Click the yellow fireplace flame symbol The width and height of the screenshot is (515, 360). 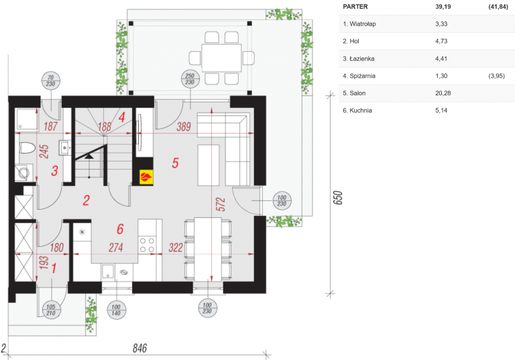(x=146, y=177)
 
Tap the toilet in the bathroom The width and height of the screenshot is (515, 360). (x=27, y=147)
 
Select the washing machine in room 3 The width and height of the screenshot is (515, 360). (x=24, y=173)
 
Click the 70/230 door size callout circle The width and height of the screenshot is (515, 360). (x=50, y=81)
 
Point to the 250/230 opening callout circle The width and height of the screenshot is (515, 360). (x=190, y=79)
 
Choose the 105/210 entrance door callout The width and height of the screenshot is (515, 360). (x=51, y=310)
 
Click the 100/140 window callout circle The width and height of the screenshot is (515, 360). (x=116, y=310)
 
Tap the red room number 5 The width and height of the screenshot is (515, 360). (x=176, y=163)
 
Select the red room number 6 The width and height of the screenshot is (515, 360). (x=120, y=229)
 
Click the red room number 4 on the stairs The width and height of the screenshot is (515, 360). (x=122, y=117)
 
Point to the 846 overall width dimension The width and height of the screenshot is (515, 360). (x=139, y=348)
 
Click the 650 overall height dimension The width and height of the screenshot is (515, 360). (x=338, y=198)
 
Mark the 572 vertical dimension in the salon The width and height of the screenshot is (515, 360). (x=221, y=204)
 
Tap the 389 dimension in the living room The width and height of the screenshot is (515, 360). (x=184, y=127)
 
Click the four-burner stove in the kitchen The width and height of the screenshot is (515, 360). (x=147, y=245)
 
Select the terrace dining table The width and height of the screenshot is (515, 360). (x=222, y=58)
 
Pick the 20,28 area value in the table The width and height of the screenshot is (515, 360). (x=443, y=93)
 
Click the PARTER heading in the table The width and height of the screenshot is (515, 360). (x=355, y=7)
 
